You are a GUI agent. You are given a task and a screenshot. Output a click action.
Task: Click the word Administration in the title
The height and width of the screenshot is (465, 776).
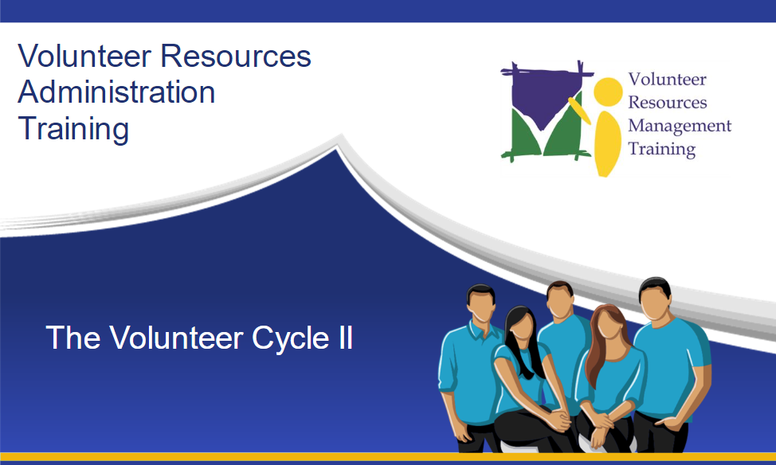click(x=117, y=92)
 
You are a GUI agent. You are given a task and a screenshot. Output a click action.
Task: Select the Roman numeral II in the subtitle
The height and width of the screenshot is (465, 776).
click(x=346, y=338)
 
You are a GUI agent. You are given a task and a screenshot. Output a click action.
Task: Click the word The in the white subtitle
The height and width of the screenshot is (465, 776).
click(x=73, y=338)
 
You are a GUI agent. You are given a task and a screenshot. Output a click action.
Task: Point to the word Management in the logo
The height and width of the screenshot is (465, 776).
click(x=680, y=126)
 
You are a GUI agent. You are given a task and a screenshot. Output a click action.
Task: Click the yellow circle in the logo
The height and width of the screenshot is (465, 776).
click(x=608, y=92)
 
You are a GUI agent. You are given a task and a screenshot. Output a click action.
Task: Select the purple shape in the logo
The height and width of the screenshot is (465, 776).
click(x=544, y=97)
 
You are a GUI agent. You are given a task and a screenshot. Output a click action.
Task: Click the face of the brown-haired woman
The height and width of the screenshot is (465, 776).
click(x=610, y=323)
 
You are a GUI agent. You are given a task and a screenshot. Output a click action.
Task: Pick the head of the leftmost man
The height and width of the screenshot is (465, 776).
click(x=480, y=303)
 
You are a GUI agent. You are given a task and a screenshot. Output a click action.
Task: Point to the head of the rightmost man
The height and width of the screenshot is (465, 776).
click(x=655, y=299)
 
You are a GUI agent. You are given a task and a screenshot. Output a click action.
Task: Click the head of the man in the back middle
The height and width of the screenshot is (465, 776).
click(x=560, y=299)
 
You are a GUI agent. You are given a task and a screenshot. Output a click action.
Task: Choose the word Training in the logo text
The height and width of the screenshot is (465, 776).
click(x=662, y=150)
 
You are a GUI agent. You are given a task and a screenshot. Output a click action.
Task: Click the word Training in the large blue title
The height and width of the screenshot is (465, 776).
click(x=74, y=130)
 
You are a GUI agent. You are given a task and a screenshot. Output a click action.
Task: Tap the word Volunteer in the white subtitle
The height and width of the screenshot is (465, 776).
click(x=176, y=338)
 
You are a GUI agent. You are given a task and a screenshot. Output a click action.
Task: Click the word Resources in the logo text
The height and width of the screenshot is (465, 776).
click(x=668, y=103)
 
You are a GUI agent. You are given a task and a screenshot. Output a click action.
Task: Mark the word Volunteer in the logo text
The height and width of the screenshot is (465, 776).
click(x=667, y=79)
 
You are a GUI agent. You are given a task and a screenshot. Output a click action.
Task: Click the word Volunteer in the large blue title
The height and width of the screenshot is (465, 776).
click(x=84, y=56)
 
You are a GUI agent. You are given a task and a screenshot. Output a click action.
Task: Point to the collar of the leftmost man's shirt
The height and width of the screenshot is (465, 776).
click(x=479, y=330)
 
